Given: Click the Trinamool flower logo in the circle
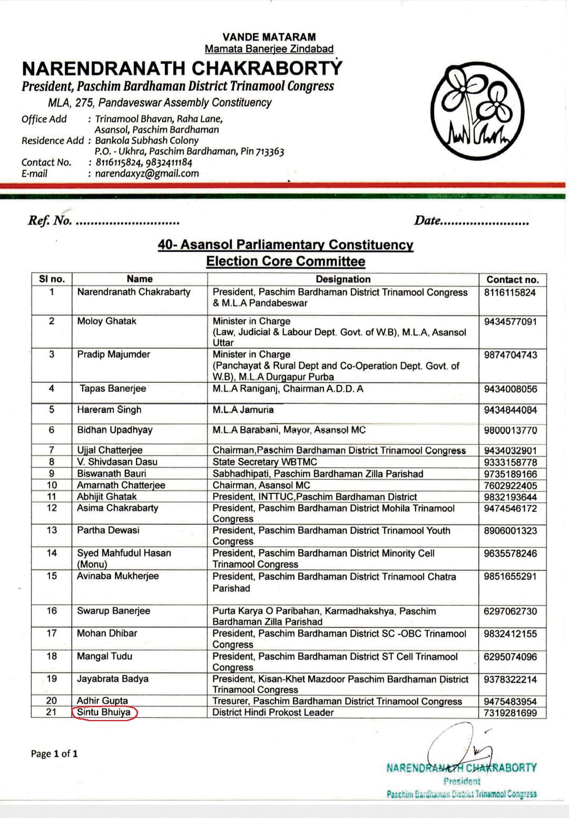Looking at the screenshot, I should (477, 111).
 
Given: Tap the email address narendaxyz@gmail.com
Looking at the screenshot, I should (147, 173).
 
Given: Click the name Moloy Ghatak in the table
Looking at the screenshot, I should (106, 321).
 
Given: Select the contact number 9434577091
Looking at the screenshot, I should (510, 322).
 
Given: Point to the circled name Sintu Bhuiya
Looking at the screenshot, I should (104, 712).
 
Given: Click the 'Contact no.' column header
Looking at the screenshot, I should (512, 279).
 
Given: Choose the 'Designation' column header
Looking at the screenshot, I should (343, 279).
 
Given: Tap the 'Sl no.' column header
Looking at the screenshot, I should (51, 279).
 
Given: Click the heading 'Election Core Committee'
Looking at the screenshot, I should (286, 261).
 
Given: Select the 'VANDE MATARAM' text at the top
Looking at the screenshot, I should (269, 37).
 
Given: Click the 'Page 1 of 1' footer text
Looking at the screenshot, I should (54, 754).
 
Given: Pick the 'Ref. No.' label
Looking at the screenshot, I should (49, 220).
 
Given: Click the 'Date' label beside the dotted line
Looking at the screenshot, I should (427, 220).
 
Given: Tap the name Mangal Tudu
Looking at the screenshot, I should (104, 656).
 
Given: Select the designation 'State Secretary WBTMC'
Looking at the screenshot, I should (265, 462).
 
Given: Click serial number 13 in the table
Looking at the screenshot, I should (52, 530).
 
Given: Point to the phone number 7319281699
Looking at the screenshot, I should (510, 713).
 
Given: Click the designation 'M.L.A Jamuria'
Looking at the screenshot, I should (243, 410).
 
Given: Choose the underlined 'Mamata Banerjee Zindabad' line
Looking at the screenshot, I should (269, 49).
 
